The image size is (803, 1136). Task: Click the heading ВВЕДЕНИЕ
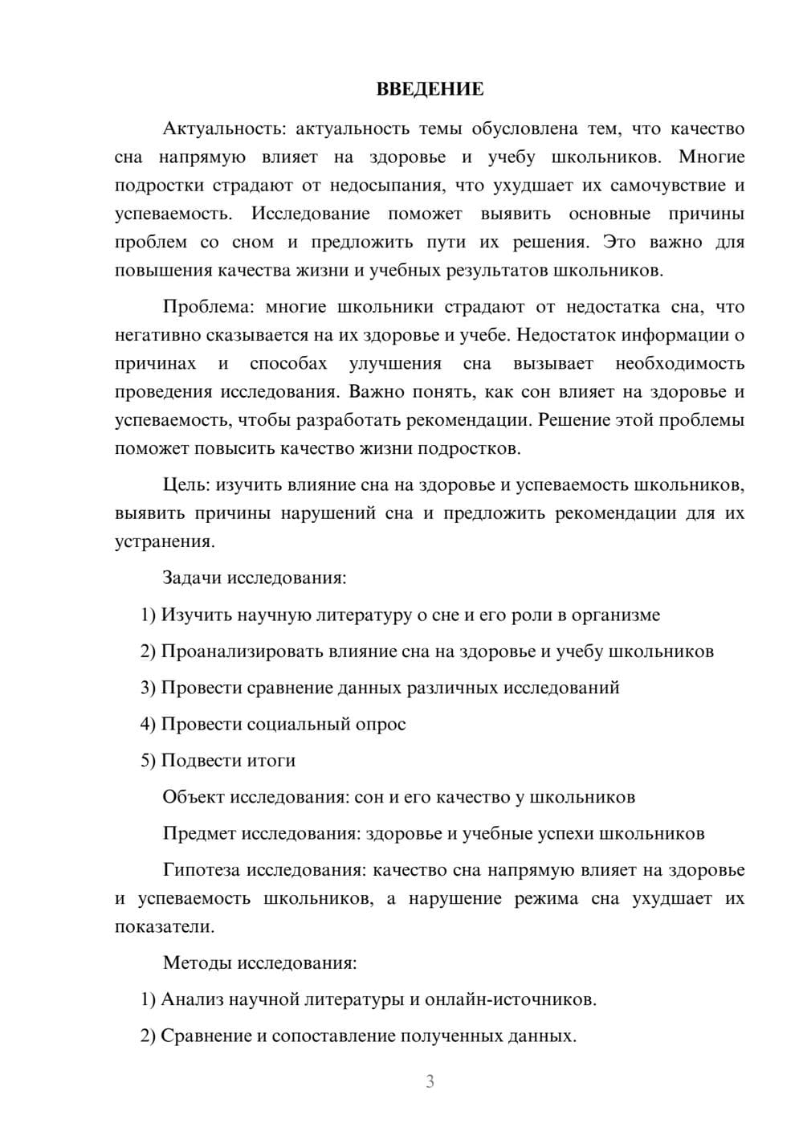tap(430, 89)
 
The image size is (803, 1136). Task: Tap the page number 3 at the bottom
tap(430, 1081)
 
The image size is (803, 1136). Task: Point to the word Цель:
tap(186, 484)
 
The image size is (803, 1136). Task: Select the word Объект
tap(194, 797)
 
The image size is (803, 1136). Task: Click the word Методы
tap(198, 962)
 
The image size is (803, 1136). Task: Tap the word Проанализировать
tap(242, 651)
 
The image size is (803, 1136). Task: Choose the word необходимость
tap(679, 363)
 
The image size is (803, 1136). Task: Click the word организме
tap(618, 615)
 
